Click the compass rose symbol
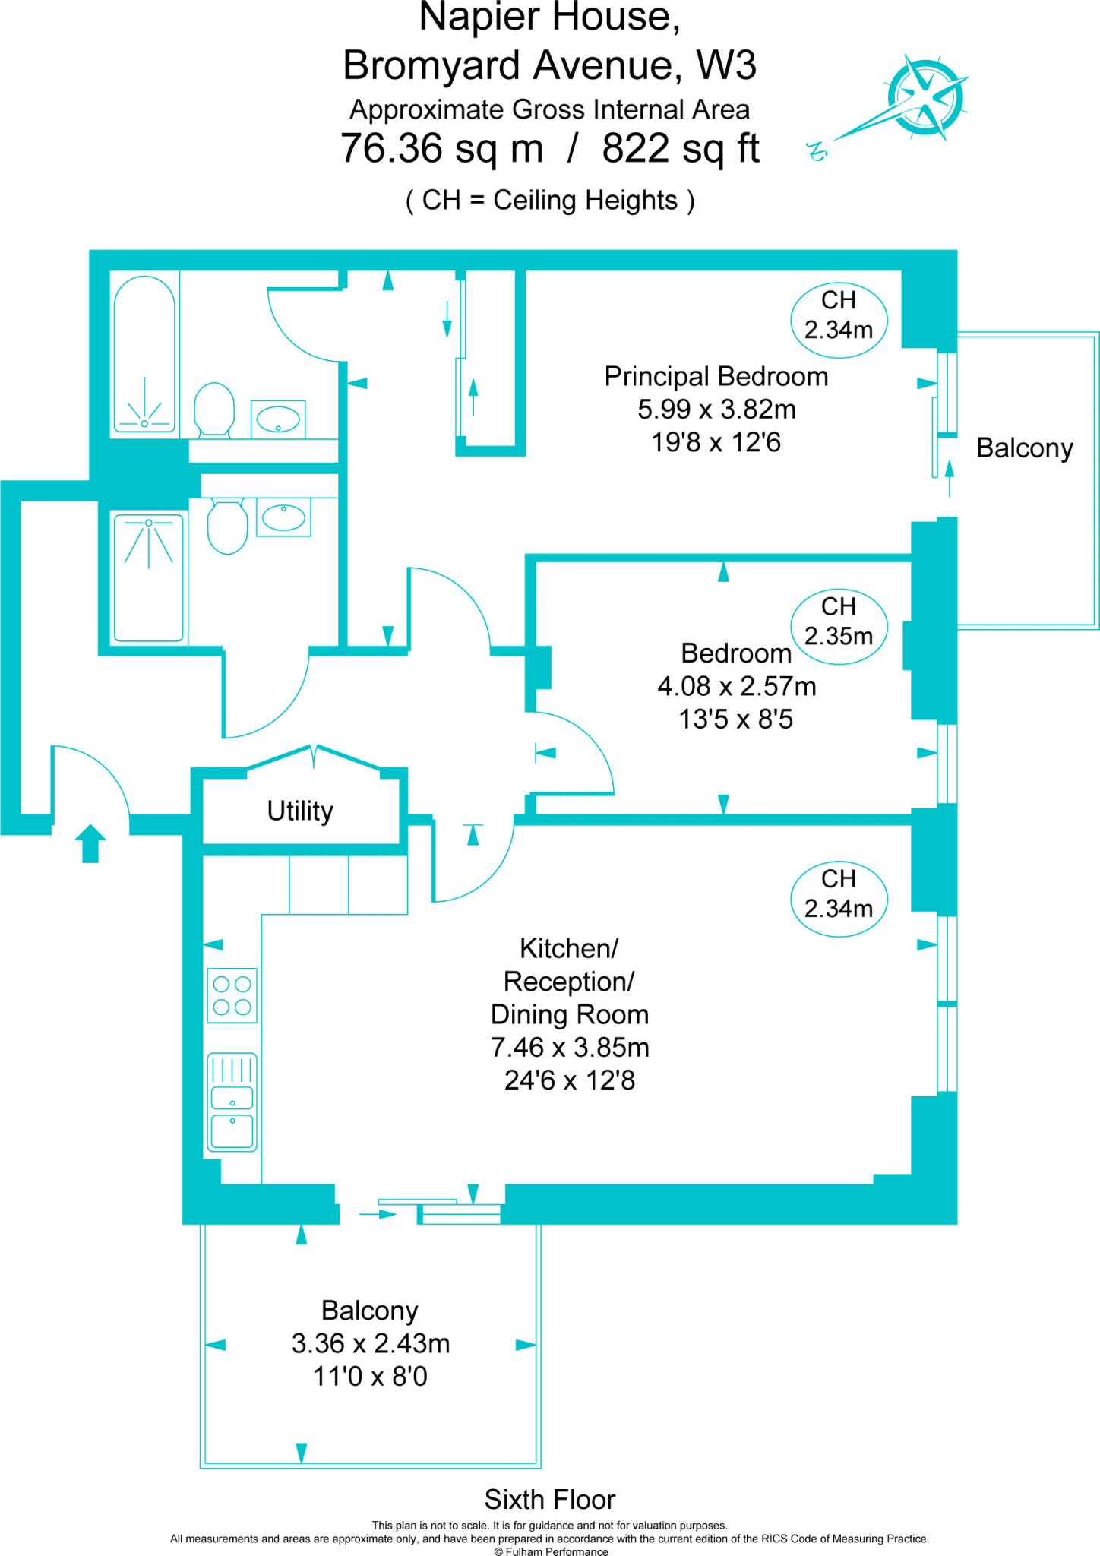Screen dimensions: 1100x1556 pyautogui.click(x=925, y=97)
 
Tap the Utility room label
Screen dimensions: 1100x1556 pyautogui.click(x=300, y=811)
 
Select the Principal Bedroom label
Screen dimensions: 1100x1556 pyautogui.click(x=716, y=377)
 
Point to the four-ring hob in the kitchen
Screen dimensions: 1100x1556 pyautogui.click(x=232, y=995)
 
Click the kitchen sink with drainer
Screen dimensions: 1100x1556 pyautogui.click(x=232, y=1102)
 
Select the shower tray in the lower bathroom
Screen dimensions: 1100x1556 pyautogui.click(x=149, y=577)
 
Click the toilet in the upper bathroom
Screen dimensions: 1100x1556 pyautogui.click(x=214, y=410)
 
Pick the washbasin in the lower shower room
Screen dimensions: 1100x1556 pyautogui.click(x=283, y=517)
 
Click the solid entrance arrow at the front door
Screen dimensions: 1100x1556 pyautogui.click(x=90, y=843)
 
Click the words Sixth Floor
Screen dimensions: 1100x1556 pyautogui.click(x=549, y=1499)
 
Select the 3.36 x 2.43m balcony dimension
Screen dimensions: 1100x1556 pyautogui.click(x=371, y=1343)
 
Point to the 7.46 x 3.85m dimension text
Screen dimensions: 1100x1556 pyautogui.click(x=570, y=1048)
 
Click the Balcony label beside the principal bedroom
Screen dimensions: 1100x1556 pyautogui.click(x=1024, y=448)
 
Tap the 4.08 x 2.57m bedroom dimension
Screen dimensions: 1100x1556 pyautogui.click(x=736, y=686)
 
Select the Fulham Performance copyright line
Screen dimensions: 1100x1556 pyautogui.click(x=551, y=1551)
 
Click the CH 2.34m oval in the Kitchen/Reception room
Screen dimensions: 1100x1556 pyautogui.click(x=839, y=894)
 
